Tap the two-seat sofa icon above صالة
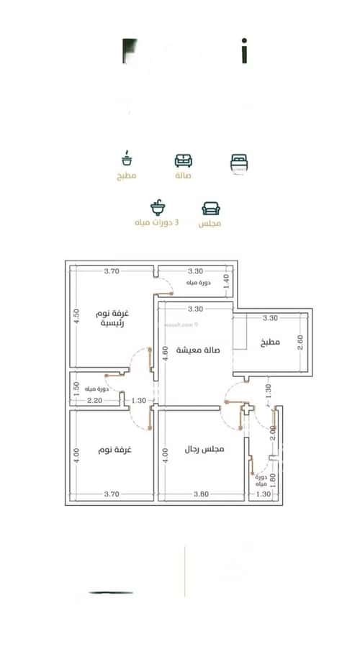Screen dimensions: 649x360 pos(183,161)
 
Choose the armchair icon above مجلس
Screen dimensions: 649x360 pos(211,209)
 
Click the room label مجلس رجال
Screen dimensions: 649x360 pos(203,449)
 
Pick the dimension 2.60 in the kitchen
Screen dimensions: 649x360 pos(301,342)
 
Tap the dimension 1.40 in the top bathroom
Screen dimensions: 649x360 pos(225,281)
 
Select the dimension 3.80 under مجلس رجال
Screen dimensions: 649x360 pos(200,494)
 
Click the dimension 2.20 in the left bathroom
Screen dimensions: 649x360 pos(94,400)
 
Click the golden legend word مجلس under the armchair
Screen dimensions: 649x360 pos(210,224)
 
